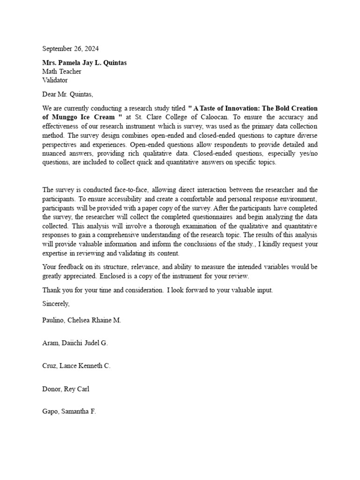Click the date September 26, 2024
pos(71,48)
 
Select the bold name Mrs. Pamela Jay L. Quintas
pos(84,63)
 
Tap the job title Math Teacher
pos(61,71)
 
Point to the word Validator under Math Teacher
pos(55,80)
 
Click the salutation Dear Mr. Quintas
pos(68,94)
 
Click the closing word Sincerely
pos(56,304)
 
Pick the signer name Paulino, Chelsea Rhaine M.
pos(82,320)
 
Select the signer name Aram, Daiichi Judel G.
pos(75,343)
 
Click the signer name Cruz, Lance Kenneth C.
pos(76,366)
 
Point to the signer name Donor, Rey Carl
pos(66,389)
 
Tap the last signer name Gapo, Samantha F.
pos(69,412)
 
